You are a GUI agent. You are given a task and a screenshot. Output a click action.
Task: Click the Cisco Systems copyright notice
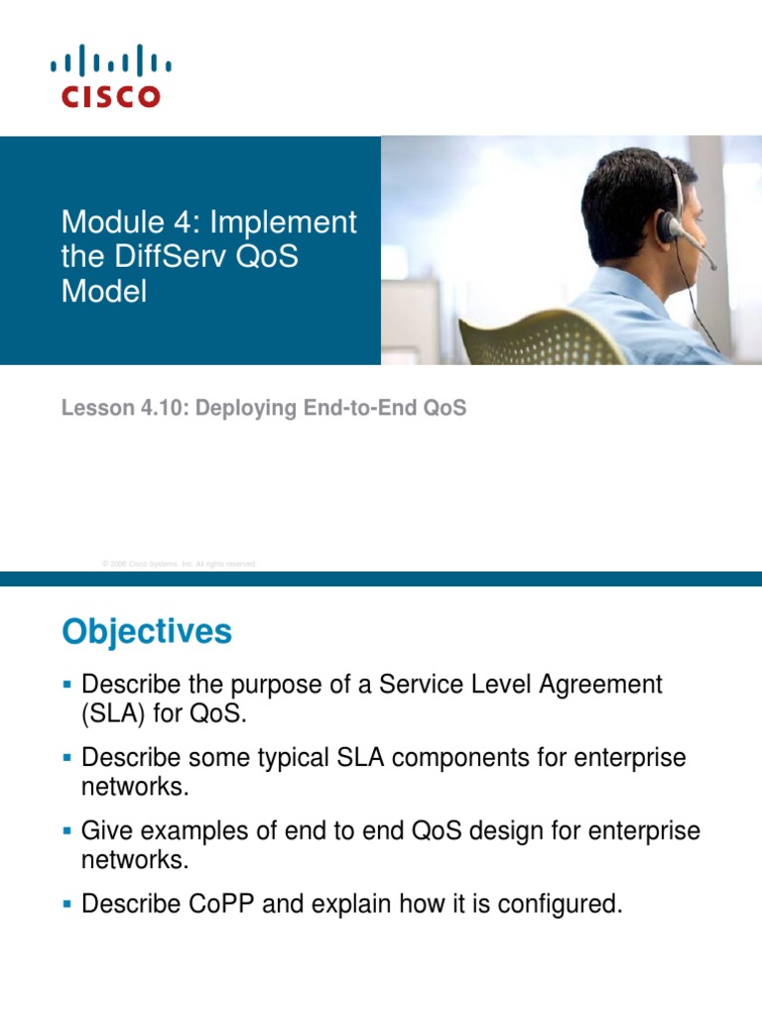[x=179, y=564]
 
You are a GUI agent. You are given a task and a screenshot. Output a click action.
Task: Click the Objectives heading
[x=147, y=632]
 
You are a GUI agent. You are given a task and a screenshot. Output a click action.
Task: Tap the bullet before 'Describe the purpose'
[x=67, y=685]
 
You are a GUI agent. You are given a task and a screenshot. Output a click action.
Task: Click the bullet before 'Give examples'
[x=67, y=830]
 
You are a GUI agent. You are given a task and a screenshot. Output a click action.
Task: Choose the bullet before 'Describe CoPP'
[x=67, y=904]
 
